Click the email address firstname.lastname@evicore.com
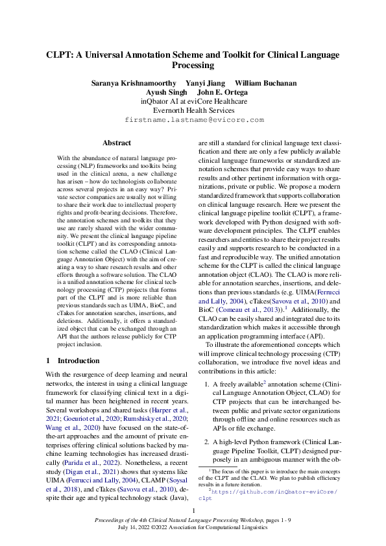[x=194, y=120]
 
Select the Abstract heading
[x=117, y=143]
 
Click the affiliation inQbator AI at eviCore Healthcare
[x=194, y=101]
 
